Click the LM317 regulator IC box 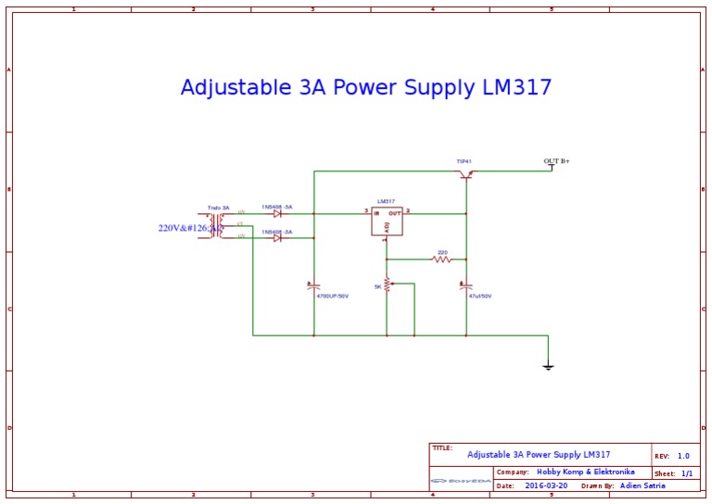388,220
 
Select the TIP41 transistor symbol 465,174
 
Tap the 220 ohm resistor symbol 442,259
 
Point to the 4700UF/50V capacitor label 332,296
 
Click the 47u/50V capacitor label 480,296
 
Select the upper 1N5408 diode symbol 277,214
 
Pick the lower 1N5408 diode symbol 277,238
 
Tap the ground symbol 548,367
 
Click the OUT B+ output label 556,161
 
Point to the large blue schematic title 366,88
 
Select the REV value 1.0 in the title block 683,456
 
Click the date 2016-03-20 547,485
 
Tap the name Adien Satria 642,485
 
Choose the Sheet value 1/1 687,472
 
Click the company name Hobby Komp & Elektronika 586,472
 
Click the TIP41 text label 464,161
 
